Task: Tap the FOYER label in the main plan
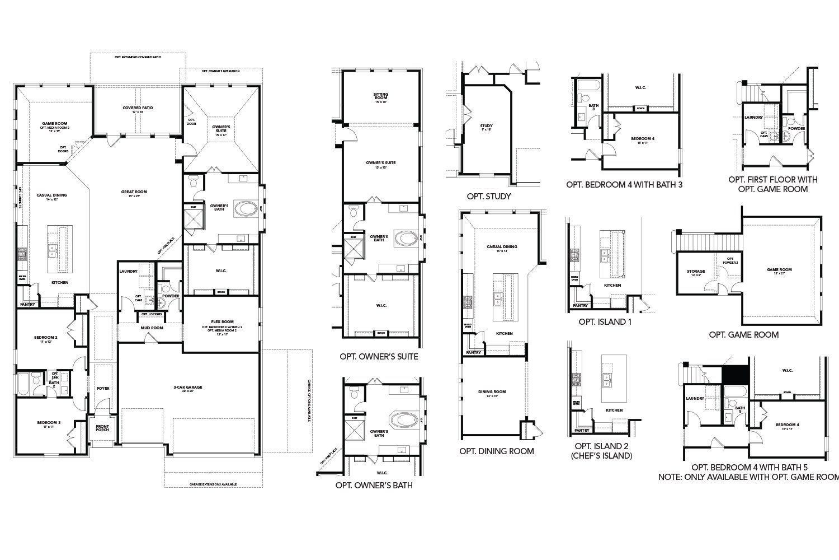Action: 103,388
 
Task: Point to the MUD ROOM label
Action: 152,328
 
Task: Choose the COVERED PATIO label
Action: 138,108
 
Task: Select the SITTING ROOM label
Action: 380,95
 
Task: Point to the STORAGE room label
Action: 696,272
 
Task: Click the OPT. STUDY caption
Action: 488,197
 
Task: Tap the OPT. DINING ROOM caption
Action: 496,451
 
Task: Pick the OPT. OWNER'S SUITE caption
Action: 379,356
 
